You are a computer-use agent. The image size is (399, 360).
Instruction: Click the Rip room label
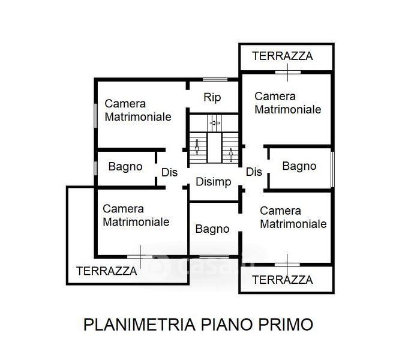(x=212, y=98)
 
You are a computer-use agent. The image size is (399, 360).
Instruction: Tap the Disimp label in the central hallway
(x=214, y=182)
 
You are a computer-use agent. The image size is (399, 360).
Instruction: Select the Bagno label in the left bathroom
(x=125, y=167)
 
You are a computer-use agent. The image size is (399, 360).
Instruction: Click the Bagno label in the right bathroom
(x=299, y=167)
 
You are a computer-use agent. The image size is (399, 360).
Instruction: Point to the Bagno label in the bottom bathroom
(x=212, y=229)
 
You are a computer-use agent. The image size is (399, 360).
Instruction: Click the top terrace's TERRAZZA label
(x=283, y=56)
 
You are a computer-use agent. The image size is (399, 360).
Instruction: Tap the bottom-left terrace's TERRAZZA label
(x=107, y=271)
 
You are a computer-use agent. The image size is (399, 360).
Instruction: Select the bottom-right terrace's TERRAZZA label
(x=283, y=280)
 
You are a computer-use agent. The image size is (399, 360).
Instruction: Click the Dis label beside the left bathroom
(x=169, y=172)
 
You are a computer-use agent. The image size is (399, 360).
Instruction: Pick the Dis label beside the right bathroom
(x=254, y=172)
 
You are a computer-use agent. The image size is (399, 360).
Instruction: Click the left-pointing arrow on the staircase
(x=215, y=123)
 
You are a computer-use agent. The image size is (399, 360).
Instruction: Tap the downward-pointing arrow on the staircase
(x=197, y=147)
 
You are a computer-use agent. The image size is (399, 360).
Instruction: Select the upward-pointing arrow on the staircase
(x=231, y=155)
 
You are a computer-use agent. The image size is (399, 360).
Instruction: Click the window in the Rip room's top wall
(x=215, y=80)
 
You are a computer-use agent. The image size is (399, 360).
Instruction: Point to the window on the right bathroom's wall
(x=332, y=169)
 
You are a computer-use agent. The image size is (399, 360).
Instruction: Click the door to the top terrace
(x=288, y=73)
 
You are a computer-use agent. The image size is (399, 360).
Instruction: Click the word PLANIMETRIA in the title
(x=139, y=325)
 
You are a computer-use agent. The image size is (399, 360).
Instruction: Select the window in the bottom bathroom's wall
(x=214, y=257)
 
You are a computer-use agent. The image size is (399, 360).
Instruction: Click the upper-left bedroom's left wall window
(x=95, y=116)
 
